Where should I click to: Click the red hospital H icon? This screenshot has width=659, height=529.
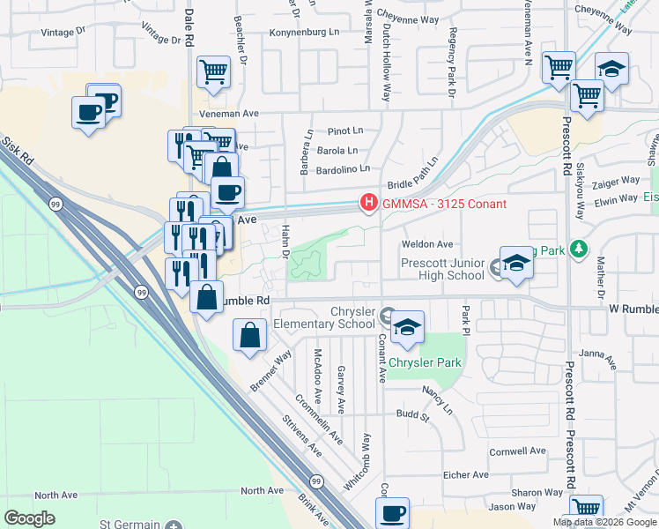coord(367,204)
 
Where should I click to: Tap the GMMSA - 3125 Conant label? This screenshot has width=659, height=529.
coord(443,205)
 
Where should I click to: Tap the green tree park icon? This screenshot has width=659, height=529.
coord(578,250)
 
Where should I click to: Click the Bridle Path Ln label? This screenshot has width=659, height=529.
coord(412,177)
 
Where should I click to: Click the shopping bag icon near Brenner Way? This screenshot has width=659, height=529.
coord(250,335)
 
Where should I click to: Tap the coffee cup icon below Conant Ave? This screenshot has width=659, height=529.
coord(392,512)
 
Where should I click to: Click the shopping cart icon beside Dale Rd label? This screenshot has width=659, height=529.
coord(213,72)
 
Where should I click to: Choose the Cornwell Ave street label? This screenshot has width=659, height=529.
coord(519,451)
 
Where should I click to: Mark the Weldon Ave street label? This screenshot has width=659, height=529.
coord(426,244)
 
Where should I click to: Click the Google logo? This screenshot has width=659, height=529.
coord(30,518)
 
